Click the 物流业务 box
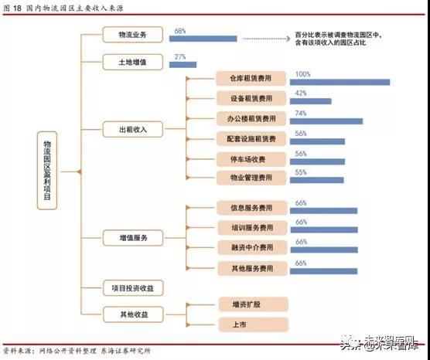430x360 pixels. [133, 35]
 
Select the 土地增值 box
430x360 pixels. [133, 63]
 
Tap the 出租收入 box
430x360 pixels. [133, 129]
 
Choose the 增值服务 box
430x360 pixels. [133, 238]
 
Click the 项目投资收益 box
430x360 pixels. [133, 288]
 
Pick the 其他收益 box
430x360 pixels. [133, 314]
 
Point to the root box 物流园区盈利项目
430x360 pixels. [47, 171]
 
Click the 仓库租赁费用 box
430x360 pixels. [251, 78]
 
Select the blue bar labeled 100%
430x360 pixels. [340, 82]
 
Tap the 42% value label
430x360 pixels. [301, 93]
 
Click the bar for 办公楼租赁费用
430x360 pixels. [326, 121]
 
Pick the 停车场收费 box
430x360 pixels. [251, 159]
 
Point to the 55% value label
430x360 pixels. [301, 172]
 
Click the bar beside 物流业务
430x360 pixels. [203, 39]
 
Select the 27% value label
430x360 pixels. [180, 56]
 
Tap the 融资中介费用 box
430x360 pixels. [252, 247]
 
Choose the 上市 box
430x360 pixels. [254, 324]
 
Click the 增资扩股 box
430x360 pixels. [254, 304]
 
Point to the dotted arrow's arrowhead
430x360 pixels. [288, 39]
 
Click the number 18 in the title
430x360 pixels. [17, 8]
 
